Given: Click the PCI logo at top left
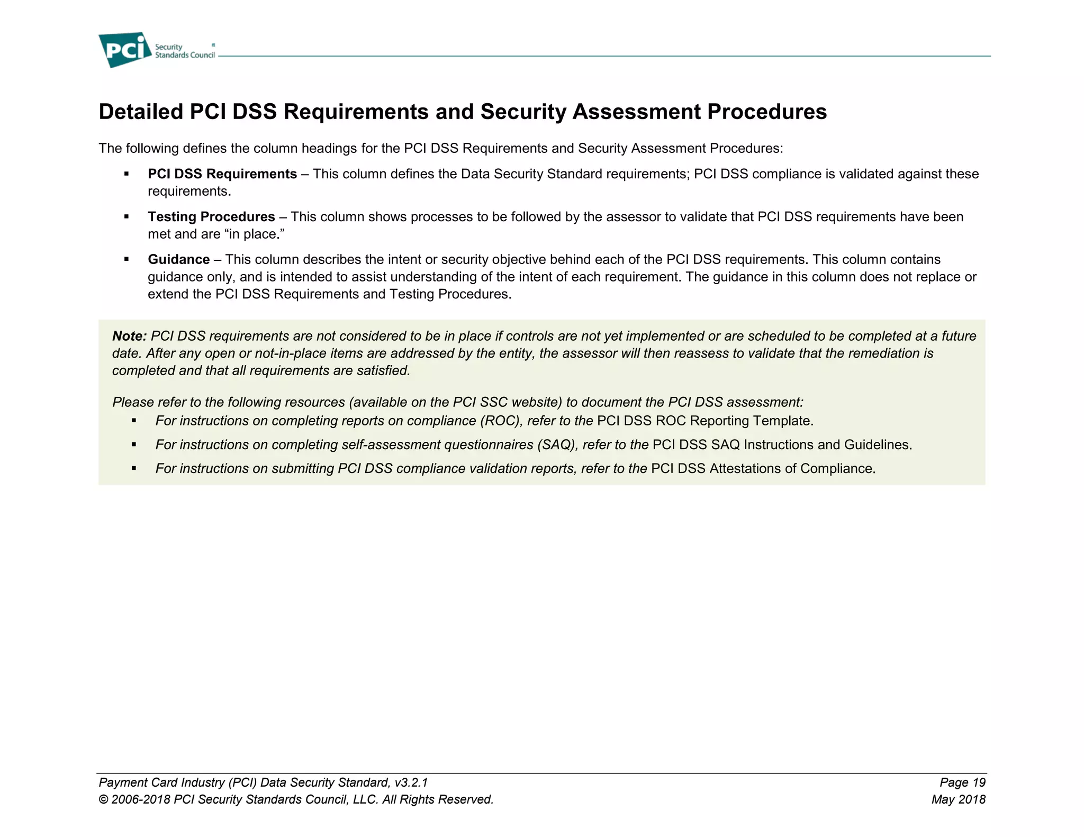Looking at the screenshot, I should pyautogui.click(x=125, y=50).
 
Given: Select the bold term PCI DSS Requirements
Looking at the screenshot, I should pyautogui.click(x=222, y=174).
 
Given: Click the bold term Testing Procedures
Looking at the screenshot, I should pyautogui.click(x=211, y=217).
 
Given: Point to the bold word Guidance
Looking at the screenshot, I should pyautogui.click(x=179, y=260).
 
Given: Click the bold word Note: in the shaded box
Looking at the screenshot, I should pyautogui.click(x=129, y=336).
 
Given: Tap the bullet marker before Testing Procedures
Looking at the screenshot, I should pyautogui.click(x=127, y=217).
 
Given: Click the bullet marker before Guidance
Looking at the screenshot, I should pyautogui.click(x=127, y=259).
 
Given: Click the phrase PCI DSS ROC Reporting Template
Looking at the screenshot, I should pyautogui.click(x=705, y=421).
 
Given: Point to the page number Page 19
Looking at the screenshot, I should pyautogui.click(x=962, y=783).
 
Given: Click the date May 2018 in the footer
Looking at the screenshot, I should pyautogui.click(x=959, y=799).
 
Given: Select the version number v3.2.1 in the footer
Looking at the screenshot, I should pyautogui.click(x=411, y=783).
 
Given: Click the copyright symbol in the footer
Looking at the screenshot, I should pyautogui.click(x=103, y=800).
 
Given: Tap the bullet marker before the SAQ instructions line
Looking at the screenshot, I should pyautogui.click(x=134, y=445).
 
